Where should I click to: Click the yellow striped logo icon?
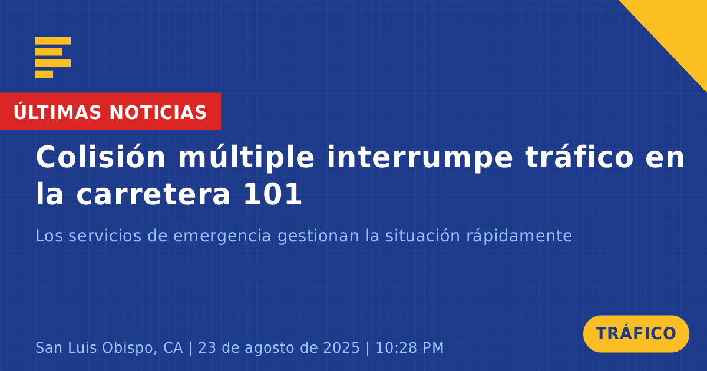point(53,58)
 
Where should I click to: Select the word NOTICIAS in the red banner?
point(158,112)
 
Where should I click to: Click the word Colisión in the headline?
point(100,157)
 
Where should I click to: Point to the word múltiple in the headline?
point(246,158)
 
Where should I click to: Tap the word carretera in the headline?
point(153,195)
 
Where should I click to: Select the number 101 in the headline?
point(273,195)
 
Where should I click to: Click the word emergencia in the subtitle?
point(222,237)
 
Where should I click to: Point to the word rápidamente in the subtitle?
point(519,236)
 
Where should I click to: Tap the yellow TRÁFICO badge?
point(636,334)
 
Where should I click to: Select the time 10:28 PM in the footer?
point(409,348)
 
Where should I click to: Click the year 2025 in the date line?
point(342,348)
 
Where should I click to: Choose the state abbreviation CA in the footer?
point(173,348)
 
